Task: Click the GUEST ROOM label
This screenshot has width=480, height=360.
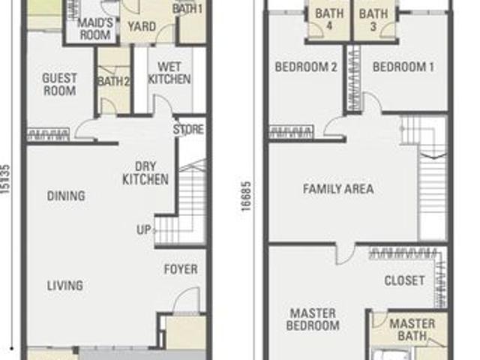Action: coord(59,85)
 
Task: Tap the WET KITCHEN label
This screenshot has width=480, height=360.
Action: coord(169,73)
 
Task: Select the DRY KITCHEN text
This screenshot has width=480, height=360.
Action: coord(145,173)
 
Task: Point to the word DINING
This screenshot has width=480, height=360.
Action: coord(66,196)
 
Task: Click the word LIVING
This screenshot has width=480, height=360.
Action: coord(65,286)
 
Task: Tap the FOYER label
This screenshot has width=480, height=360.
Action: coord(181,269)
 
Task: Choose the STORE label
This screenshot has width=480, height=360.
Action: coord(188,130)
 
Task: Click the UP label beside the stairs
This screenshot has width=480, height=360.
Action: coord(143,229)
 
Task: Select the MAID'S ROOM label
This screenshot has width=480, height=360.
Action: coord(95,28)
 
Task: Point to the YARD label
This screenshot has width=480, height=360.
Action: coord(142,26)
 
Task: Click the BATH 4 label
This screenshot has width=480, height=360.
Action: coord(329,19)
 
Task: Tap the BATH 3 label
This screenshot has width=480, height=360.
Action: coord(373,20)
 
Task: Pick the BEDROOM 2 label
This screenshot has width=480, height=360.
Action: coord(306,67)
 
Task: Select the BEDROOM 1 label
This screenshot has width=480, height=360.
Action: coord(403,67)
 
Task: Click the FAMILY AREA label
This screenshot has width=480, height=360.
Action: coord(338,188)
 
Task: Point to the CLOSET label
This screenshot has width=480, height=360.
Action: coord(404,280)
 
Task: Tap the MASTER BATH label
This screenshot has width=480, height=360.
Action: coord(412,330)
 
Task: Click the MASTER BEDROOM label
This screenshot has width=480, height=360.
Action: coord(313,319)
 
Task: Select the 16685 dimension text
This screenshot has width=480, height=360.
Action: coord(247,196)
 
